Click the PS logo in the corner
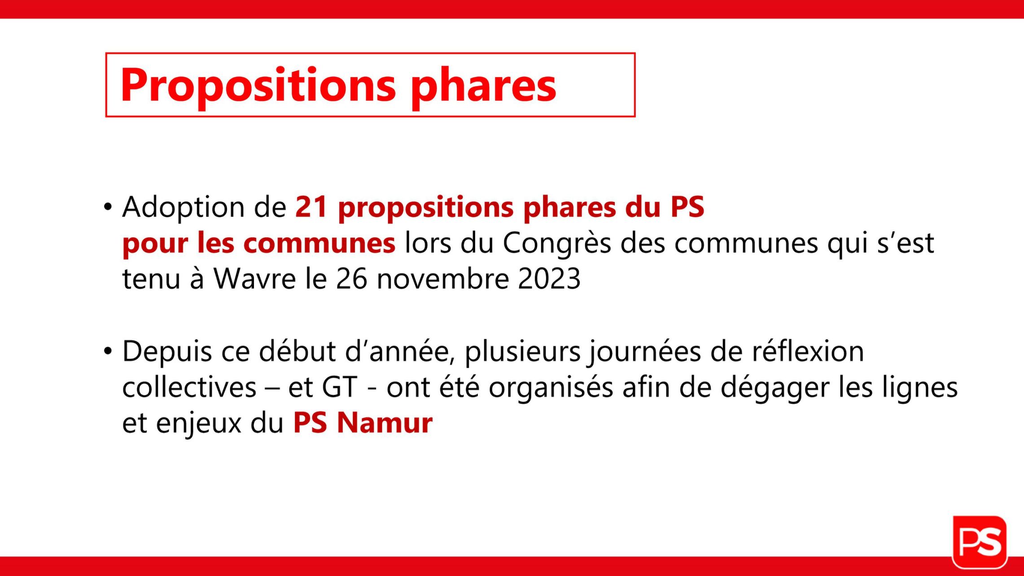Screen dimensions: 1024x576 [980, 542]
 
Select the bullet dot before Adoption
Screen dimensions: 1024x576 [108, 207]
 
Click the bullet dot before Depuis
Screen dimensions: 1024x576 [108, 351]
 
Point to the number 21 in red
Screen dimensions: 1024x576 [311, 207]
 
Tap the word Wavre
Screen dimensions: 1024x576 [254, 279]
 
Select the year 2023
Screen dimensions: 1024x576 [549, 279]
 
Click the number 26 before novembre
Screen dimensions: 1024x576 [351, 279]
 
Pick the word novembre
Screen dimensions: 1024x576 [442, 279]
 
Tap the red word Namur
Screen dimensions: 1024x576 [385, 423]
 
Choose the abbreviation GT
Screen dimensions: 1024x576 [340, 387]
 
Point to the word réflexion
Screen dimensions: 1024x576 [808, 351]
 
